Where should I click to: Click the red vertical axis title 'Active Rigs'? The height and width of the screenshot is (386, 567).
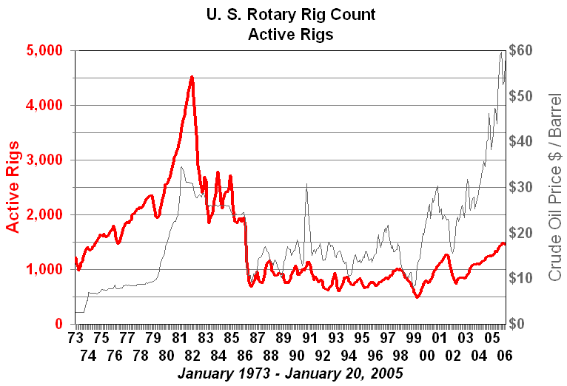pos(13,187)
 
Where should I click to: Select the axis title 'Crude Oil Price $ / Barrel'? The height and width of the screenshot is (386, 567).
pos(554,187)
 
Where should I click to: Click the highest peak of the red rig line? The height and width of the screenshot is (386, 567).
pos(192,76)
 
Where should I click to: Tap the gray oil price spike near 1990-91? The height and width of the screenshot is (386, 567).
pos(306,184)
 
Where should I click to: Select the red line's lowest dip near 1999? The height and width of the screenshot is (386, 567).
pos(417,297)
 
